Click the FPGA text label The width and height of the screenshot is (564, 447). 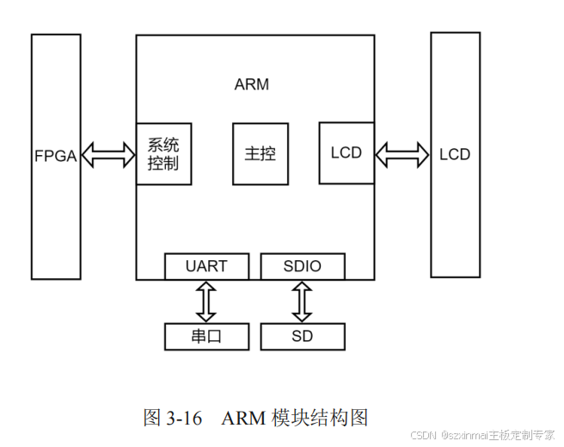[x=55, y=156]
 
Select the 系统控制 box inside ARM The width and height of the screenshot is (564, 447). [x=163, y=153]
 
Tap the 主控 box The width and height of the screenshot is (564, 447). [x=260, y=153]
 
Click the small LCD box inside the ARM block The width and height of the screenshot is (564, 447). [x=346, y=152]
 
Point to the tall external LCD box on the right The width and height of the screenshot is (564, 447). [x=455, y=155]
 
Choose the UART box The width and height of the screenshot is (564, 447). [x=206, y=266]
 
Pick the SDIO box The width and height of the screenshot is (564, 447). [x=303, y=266]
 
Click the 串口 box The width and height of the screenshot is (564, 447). [x=206, y=336]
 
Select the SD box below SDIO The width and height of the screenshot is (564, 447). [x=303, y=336]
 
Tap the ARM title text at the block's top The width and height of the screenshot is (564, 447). [x=251, y=84]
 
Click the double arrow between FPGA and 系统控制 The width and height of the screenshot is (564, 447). [x=108, y=155]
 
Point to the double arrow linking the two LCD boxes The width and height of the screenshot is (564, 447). [x=402, y=155]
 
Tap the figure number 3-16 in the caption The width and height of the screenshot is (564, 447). [x=184, y=419]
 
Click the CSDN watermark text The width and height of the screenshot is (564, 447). [x=425, y=435]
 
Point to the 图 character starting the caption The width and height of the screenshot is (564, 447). [x=151, y=419]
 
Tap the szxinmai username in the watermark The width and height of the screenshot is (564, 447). [x=465, y=435]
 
